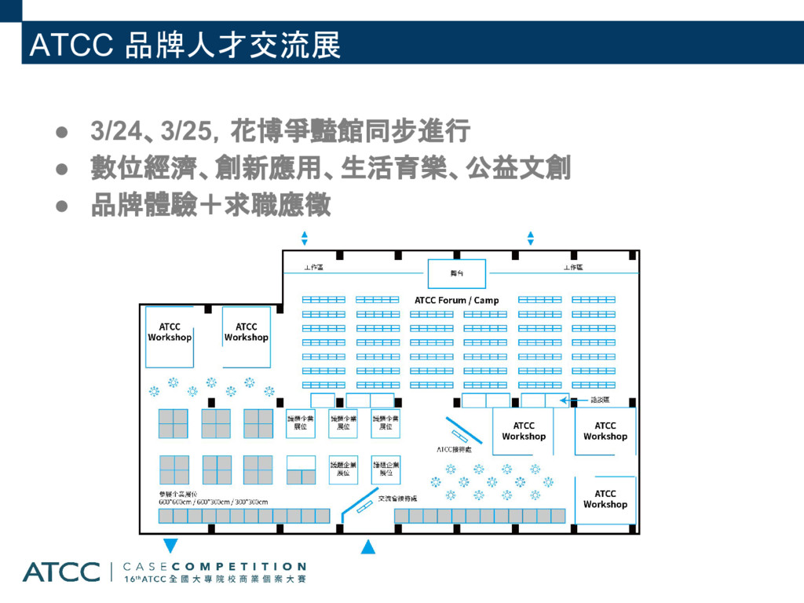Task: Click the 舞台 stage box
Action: pos(456,273)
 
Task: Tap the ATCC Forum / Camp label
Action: pos(456,300)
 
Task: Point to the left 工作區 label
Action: pos(313,268)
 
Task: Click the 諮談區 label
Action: pos(601,400)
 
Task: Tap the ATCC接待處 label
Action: pos(454,450)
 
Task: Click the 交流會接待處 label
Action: pos(397,499)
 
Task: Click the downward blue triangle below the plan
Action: pos(170,546)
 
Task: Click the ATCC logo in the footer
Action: pos(61,572)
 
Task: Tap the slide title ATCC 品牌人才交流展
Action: pos(185,46)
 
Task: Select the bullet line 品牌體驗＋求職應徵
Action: pos(210,206)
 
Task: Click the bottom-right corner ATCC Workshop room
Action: pos(605,499)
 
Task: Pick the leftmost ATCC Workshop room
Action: pos(170,333)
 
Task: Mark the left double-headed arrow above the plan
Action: pos(305,238)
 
